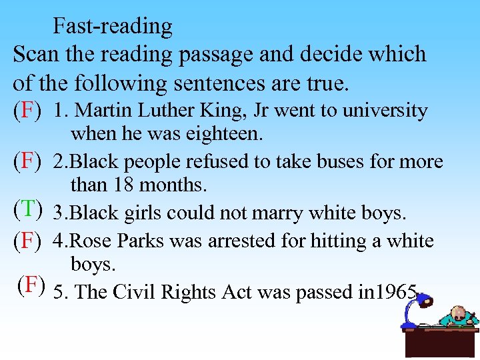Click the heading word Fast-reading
[113, 26]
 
